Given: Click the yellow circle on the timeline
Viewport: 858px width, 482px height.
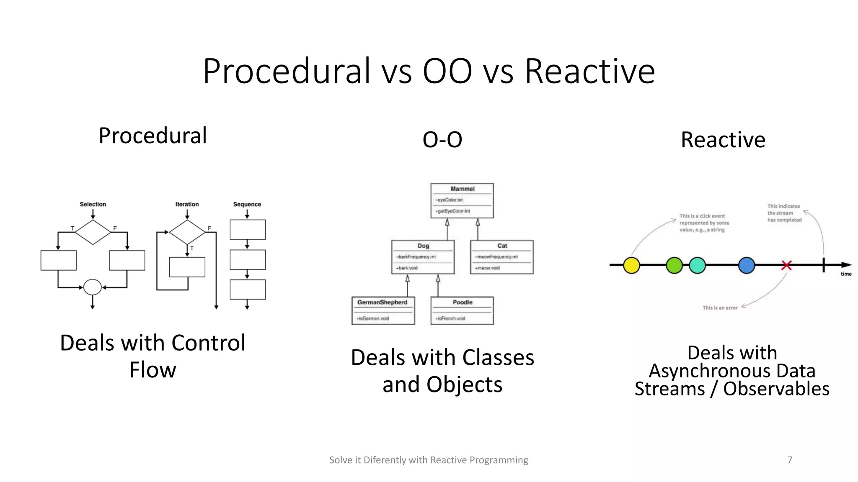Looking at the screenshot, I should click(x=631, y=265).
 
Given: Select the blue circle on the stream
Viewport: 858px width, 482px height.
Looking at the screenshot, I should click(x=747, y=265).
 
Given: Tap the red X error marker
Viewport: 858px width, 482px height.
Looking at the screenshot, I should click(x=786, y=265).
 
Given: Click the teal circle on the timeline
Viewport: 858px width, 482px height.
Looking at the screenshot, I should click(x=697, y=265).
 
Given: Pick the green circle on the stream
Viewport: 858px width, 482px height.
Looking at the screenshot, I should click(x=674, y=265).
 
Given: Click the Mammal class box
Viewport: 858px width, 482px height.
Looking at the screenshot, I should click(x=462, y=201).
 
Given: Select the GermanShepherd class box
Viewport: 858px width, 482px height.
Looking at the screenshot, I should click(x=383, y=311).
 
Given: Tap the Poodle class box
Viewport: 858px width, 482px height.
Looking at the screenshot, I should click(x=462, y=311).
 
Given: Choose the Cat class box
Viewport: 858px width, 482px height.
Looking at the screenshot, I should click(x=501, y=257).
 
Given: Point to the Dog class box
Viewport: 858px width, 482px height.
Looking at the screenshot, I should click(x=423, y=257).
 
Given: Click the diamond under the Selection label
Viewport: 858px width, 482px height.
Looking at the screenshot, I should click(x=93, y=232).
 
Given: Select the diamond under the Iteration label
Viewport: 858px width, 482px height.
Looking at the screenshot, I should click(x=187, y=232).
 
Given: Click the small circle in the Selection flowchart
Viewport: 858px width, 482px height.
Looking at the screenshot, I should click(x=93, y=287).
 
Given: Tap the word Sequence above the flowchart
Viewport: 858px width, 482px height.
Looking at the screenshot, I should click(x=247, y=204).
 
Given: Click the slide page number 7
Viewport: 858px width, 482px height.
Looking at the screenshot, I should click(x=790, y=460).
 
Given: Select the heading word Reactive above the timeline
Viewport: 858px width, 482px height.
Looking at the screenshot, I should click(x=723, y=140).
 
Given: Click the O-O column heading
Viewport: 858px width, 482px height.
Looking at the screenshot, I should click(x=442, y=140).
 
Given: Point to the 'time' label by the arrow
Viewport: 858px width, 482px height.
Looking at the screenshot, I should click(x=846, y=274).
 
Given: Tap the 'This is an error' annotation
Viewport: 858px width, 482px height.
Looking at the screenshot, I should click(x=720, y=308).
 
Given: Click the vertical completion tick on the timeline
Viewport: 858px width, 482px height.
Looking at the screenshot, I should click(x=824, y=265).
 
